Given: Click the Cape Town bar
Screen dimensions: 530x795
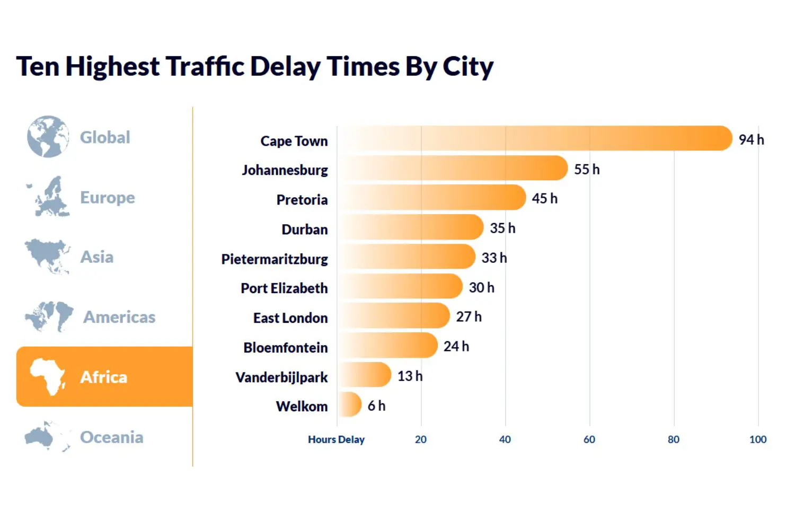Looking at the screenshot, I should click(534, 138).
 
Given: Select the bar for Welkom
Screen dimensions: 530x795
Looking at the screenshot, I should click(350, 405).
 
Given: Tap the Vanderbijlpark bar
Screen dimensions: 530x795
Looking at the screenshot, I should click(365, 375).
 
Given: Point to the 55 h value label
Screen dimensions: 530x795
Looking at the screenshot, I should click(587, 170).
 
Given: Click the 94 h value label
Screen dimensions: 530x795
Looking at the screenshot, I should click(751, 139).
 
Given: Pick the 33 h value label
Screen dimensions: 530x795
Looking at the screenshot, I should click(493, 258).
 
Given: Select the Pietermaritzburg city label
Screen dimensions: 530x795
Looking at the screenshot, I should click(275, 259).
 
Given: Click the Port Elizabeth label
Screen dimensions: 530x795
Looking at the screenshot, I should click(284, 288).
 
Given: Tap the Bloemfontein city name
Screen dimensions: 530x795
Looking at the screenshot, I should click(286, 348).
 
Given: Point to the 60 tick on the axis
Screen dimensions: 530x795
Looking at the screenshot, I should click(589, 439).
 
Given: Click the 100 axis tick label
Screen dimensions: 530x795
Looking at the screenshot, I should click(757, 439).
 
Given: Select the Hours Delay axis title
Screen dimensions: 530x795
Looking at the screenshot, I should click(336, 439).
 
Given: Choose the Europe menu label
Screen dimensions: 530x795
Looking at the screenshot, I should click(108, 198).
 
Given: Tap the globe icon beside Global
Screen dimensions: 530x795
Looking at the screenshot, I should click(48, 137).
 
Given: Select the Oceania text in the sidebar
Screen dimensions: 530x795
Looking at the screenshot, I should click(111, 437).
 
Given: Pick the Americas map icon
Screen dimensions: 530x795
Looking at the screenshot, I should click(49, 316).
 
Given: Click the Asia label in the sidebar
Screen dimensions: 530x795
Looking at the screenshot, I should click(96, 257).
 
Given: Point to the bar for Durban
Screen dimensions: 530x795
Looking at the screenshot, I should click(411, 227).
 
